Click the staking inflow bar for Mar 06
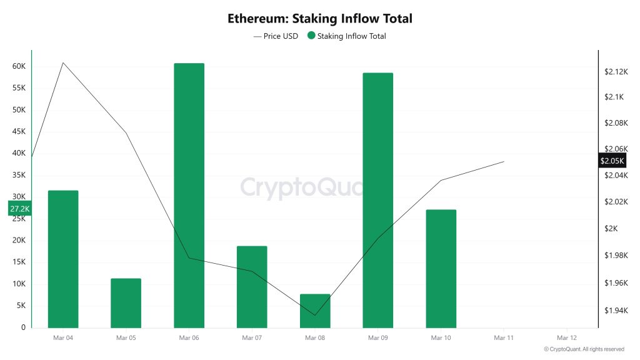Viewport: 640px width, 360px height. (x=189, y=195)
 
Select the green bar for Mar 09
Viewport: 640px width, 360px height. (x=377, y=200)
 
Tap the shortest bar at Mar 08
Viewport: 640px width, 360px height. (x=314, y=311)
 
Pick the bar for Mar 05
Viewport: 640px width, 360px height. (x=126, y=303)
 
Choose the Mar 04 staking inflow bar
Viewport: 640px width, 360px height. (x=63, y=259)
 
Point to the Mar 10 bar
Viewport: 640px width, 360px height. (x=441, y=269)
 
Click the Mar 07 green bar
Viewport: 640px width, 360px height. (x=252, y=286)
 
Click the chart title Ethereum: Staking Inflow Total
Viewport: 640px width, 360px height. (x=319, y=19)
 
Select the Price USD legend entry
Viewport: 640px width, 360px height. (x=276, y=36)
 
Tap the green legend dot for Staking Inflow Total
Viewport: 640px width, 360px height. (x=311, y=36)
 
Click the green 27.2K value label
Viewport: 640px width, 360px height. (x=19, y=209)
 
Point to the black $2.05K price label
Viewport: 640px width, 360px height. (x=611, y=161)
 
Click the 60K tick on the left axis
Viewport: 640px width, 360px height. (x=19, y=66)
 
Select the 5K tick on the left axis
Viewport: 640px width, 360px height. (x=21, y=306)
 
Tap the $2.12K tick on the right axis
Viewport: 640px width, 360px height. (x=615, y=72)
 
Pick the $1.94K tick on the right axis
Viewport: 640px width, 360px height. (x=615, y=311)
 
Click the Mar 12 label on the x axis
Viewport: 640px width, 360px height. (x=566, y=337)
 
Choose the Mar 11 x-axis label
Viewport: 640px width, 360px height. (x=503, y=337)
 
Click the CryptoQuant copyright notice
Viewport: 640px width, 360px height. (x=584, y=349)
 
